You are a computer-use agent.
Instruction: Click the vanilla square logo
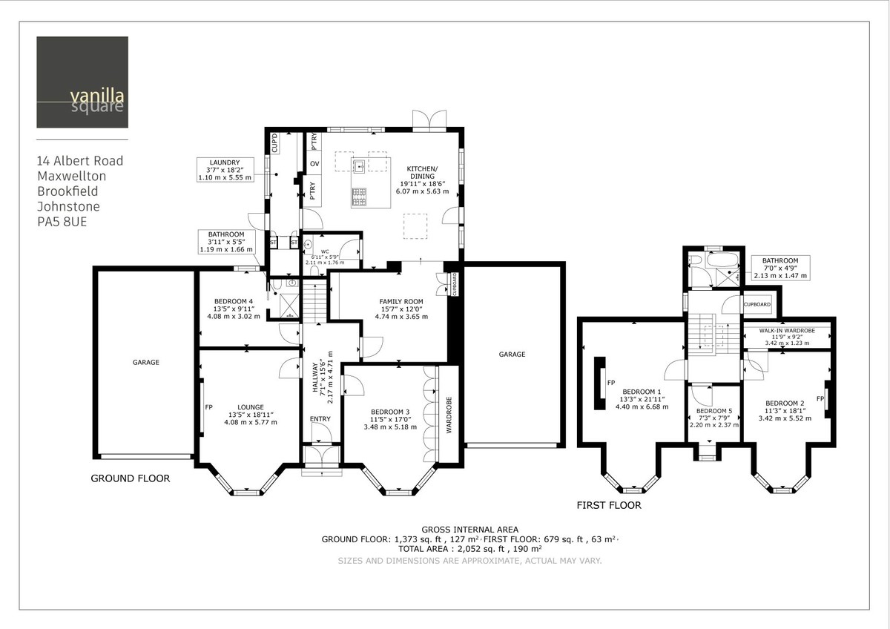coord(82,82)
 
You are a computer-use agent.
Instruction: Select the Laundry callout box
coord(225,170)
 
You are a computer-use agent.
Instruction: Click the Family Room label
coord(400,309)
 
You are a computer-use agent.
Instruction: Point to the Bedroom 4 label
coord(234,309)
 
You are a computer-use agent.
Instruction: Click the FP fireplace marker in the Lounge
coord(208,407)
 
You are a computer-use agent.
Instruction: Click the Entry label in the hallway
coord(320,420)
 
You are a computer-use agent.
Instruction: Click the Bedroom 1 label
coord(637,398)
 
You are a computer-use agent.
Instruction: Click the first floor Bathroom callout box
coord(781,268)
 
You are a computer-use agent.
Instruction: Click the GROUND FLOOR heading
coord(130,478)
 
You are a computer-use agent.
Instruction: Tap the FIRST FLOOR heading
coord(609,506)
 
